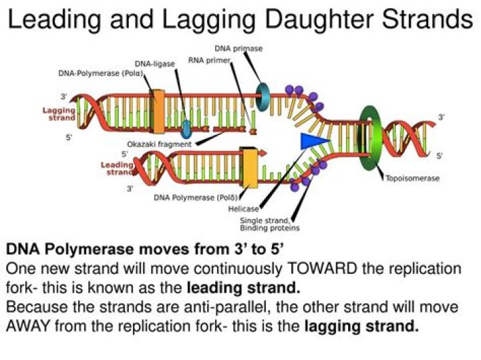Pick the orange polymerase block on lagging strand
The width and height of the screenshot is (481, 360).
(158, 111)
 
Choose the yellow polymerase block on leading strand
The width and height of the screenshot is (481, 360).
(250, 167)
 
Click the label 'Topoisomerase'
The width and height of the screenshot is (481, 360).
(412, 178)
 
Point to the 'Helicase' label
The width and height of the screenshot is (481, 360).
(244, 209)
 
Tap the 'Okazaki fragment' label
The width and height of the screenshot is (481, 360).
(159, 144)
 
